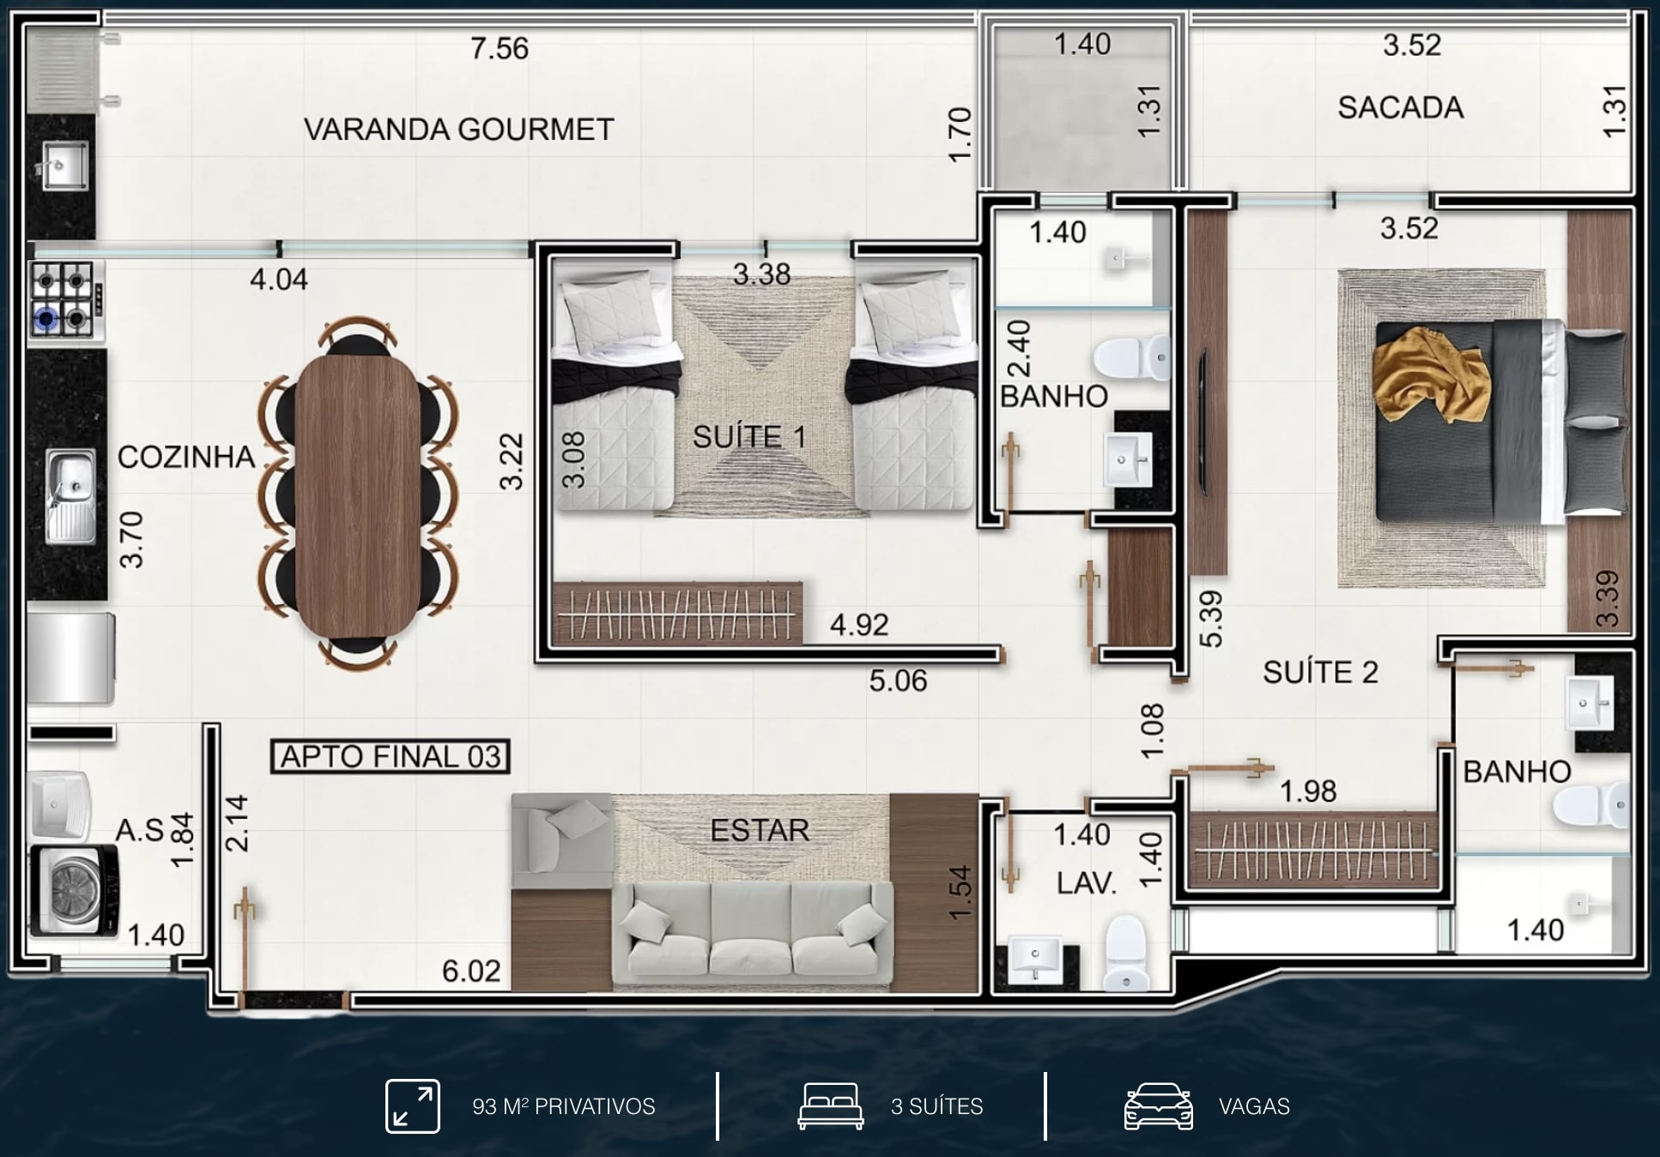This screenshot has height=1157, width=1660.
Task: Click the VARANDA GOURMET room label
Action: click(459, 130)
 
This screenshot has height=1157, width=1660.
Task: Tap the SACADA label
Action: click(1400, 108)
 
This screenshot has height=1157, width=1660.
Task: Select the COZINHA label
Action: click(186, 457)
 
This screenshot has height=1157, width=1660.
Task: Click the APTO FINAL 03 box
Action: click(391, 756)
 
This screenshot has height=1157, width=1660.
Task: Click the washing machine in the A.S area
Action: click(74, 890)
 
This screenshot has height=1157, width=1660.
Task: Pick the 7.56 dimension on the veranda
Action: click(499, 49)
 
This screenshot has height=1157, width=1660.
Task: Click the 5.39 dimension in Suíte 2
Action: click(1210, 619)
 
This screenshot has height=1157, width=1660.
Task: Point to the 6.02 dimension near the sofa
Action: click(471, 971)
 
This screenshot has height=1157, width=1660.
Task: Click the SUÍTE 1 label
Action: click(749, 437)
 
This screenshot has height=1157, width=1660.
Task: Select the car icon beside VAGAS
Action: click(1158, 1106)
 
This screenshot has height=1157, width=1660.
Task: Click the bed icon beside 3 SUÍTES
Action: click(830, 1106)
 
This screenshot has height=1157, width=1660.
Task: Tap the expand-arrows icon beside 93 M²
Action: click(413, 1106)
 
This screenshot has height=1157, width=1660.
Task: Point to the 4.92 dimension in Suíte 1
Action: click(859, 625)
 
